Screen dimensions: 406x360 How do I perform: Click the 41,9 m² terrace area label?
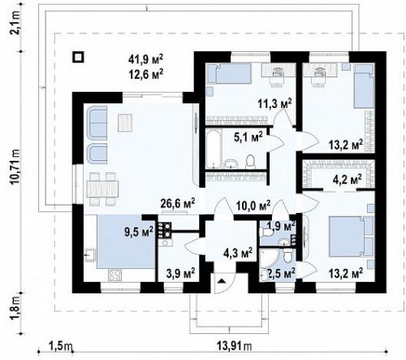145,59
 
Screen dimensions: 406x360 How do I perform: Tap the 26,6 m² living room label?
178,203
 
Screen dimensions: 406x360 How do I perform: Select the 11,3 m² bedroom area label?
274,103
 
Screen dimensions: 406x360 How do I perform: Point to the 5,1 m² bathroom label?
248,137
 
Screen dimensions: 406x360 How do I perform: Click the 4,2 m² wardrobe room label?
348,180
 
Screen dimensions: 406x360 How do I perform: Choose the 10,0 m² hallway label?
253,206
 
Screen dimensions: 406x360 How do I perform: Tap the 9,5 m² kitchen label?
139,231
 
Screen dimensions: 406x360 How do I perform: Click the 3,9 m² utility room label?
180,273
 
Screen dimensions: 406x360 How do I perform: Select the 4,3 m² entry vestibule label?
238,253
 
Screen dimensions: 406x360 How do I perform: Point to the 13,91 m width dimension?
234,346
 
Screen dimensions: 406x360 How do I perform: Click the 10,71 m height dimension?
15,167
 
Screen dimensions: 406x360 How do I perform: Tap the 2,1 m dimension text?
15,23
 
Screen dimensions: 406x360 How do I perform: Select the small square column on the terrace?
78,57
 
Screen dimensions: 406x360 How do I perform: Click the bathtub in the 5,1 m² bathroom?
214,148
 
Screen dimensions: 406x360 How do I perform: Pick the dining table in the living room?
102,189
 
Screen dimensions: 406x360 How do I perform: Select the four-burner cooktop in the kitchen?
114,275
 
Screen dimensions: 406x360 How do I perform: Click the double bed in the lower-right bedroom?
348,236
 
